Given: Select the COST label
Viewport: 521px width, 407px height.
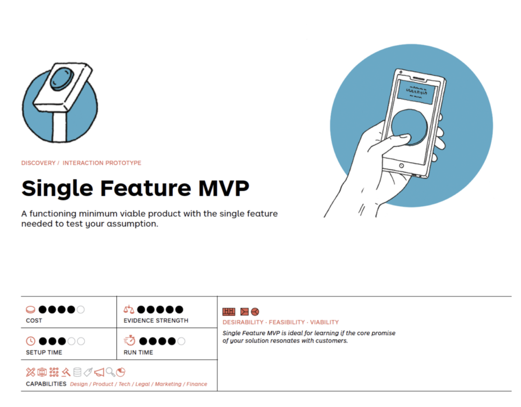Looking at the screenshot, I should (34, 321).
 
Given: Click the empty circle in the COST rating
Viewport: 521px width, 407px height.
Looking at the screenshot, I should (81, 310).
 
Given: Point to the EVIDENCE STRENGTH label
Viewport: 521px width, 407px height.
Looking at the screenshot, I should (156, 321).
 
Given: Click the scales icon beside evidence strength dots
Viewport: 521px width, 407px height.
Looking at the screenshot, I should (129, 310).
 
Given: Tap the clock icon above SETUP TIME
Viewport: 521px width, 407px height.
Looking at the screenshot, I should (31, 341).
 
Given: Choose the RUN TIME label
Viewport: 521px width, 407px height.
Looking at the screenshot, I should (138, 352).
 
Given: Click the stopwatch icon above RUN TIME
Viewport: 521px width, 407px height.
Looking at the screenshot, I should (130, 341).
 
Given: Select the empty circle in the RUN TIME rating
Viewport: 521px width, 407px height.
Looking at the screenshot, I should (181, 341).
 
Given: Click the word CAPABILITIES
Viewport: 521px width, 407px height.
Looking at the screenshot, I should (46, 384).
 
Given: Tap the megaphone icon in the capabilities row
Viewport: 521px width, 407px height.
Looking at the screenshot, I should (99, 372).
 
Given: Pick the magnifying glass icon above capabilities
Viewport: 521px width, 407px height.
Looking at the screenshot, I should (110, 372).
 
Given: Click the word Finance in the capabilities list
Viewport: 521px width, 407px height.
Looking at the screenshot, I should (197, 384).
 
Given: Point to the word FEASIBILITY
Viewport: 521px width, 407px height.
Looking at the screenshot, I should (287, 322).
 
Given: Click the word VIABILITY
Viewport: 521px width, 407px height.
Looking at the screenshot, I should (324, 322).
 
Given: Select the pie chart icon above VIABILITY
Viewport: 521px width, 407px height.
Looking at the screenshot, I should (255, 311).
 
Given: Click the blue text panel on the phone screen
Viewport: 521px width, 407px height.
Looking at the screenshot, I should (416, 92).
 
